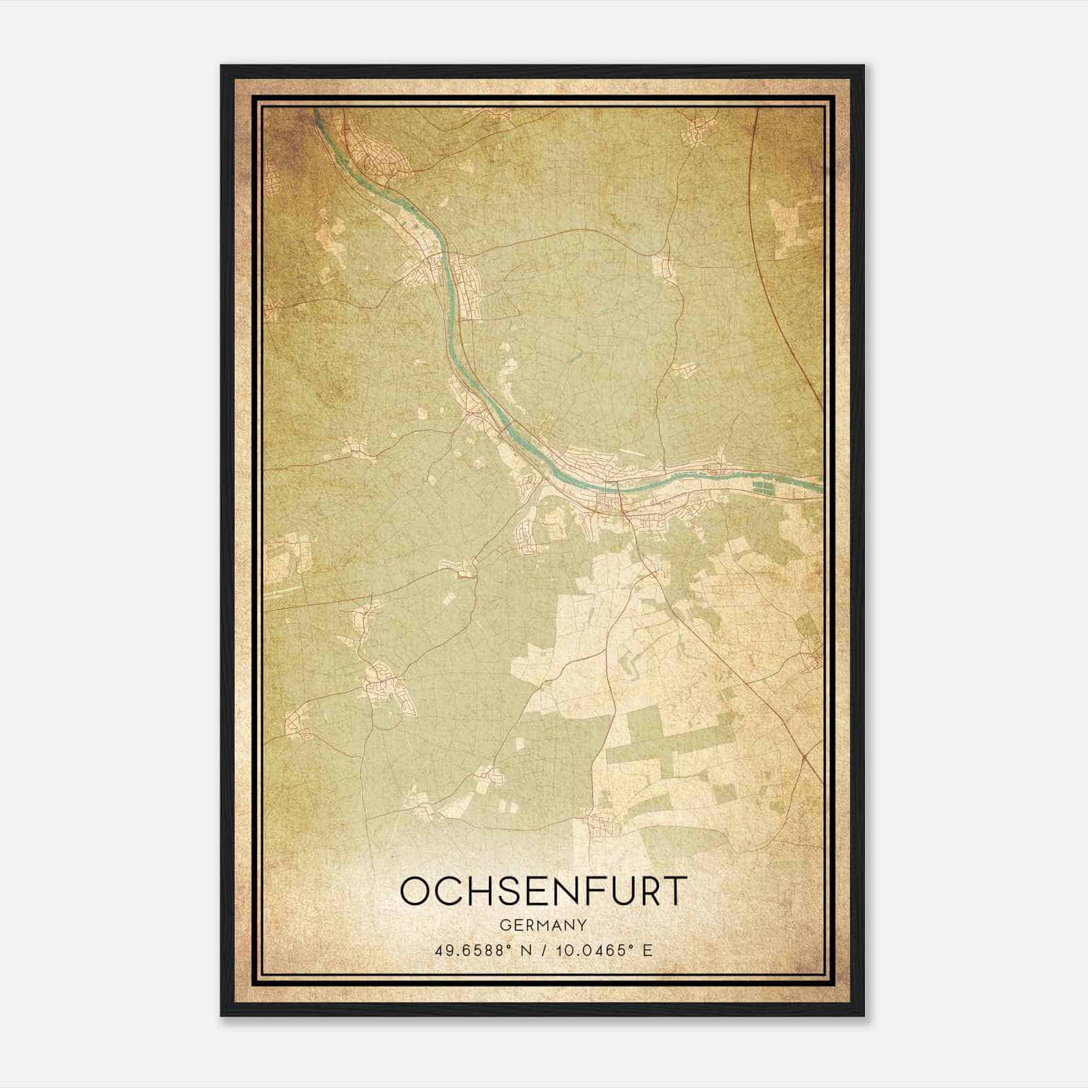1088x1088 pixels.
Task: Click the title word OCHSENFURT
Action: (x=543, y=891)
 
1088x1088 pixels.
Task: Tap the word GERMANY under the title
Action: (x=543, y=925)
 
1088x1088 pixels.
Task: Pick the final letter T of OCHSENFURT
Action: (x=674, y=891)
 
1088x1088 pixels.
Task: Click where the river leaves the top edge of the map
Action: (x=316, y=111)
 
